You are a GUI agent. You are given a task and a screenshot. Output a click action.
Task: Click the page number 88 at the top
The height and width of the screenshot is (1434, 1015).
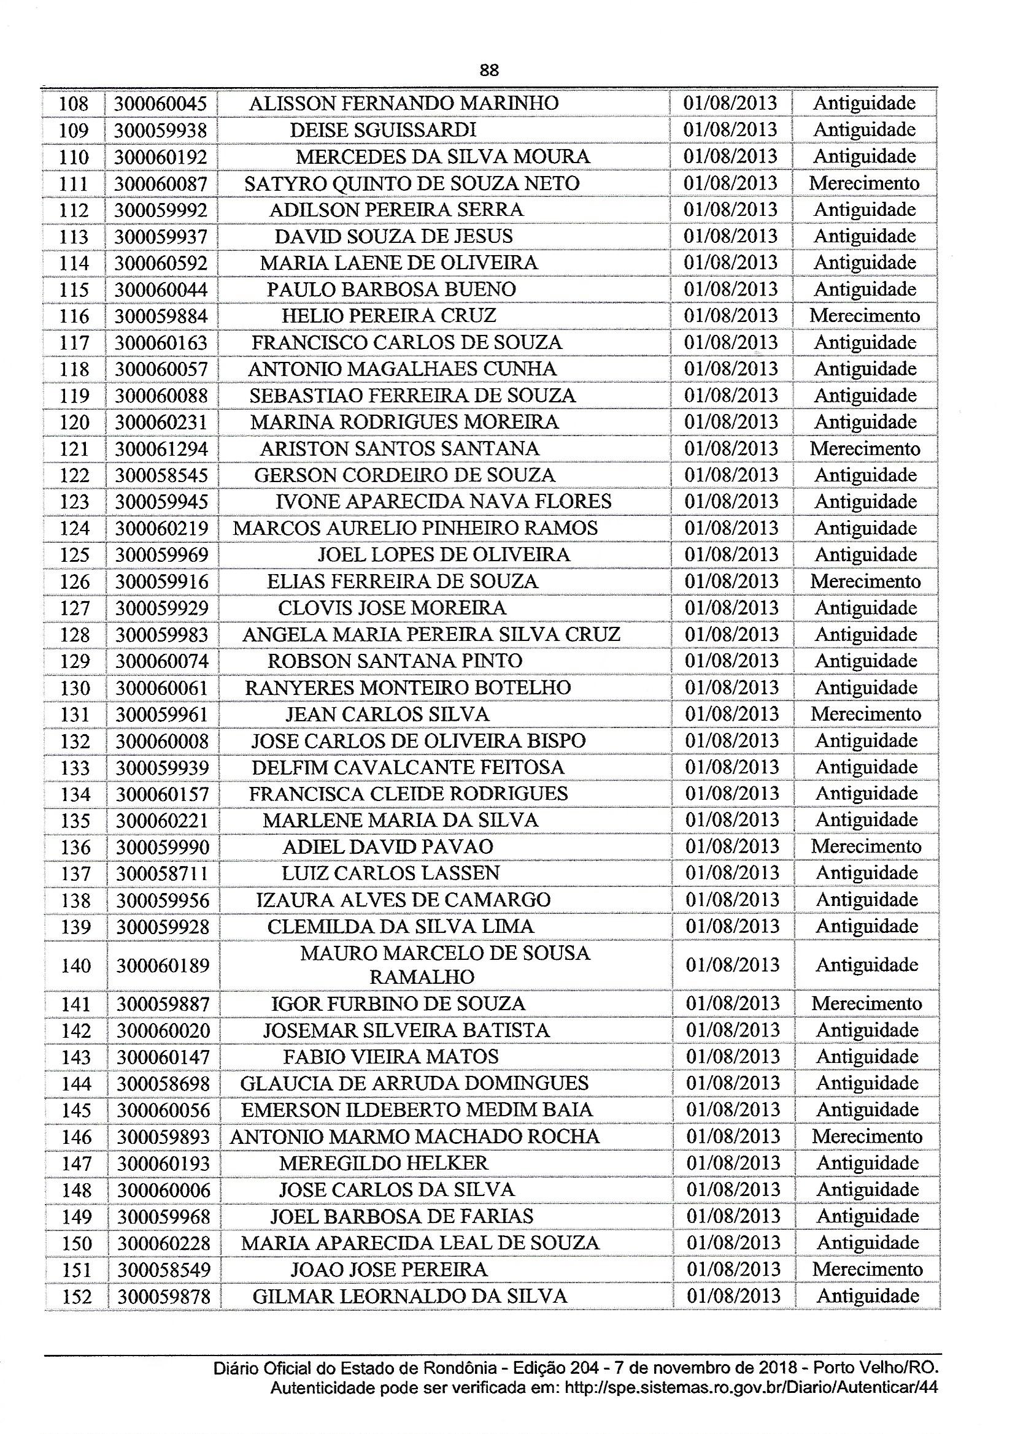pos(489,71)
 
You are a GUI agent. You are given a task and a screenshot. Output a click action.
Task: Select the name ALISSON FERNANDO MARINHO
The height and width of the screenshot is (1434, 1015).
pos(404,103)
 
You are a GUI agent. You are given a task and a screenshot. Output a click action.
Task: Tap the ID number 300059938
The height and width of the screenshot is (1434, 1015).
pos(161,130)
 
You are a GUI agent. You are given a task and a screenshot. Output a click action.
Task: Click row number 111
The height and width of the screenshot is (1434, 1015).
pos(74,183)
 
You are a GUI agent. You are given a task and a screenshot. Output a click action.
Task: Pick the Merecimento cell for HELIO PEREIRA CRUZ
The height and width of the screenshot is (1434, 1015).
pos(865,316)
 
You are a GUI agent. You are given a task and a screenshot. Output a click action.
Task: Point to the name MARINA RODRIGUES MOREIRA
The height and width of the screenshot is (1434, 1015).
pos(404,422)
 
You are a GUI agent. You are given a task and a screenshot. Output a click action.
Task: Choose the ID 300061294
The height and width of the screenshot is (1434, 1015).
pos(161,449)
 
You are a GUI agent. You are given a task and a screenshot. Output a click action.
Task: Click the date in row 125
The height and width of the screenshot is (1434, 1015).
pos(731,555)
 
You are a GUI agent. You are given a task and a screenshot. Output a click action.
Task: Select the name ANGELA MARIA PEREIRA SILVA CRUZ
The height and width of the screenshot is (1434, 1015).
pos(431,635)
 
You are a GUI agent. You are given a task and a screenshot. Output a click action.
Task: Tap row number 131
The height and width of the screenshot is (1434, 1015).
pos(75,715)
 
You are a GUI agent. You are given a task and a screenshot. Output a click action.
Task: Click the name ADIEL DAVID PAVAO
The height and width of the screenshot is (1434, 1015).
pos(388,847)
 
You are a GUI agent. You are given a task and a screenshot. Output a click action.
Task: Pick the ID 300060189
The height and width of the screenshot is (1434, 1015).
pos(163,965)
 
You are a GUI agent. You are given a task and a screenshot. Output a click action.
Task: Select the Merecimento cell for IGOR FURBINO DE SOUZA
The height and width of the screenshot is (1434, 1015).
pos(867,1003)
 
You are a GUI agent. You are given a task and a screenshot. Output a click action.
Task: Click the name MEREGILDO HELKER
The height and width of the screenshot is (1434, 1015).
pos(384,1163)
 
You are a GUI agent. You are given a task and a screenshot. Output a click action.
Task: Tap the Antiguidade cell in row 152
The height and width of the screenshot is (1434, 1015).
pos(868,1296)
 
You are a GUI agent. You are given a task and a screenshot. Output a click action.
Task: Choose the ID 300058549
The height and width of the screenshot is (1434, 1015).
pos(164,1270)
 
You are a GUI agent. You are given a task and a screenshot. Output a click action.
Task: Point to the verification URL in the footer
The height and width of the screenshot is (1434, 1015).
pos(751,1386)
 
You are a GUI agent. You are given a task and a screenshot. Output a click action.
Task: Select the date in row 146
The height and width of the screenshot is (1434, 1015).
pos(733,1137)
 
